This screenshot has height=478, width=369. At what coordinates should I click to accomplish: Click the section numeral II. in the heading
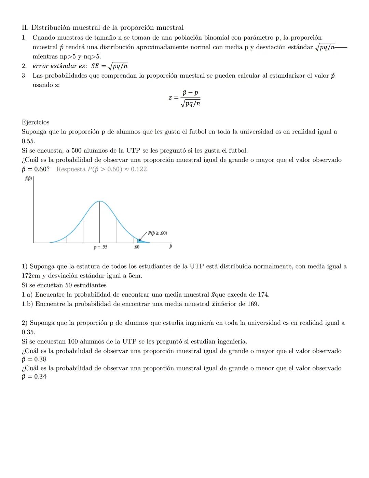25,28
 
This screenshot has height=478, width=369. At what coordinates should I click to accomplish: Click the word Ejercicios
35,122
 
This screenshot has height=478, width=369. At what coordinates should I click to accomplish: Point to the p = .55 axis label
100,247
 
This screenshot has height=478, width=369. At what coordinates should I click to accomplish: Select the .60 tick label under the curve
136,247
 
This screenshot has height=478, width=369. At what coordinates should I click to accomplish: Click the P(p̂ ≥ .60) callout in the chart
157,233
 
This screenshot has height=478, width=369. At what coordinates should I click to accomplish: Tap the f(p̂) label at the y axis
28,179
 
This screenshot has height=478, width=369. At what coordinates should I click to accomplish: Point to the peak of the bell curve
100,201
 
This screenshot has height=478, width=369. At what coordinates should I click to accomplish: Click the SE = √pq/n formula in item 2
109,66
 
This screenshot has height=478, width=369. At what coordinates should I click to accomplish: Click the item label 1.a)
27,295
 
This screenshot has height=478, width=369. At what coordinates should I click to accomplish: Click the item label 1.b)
27,304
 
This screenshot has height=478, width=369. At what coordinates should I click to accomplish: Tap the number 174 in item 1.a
263,295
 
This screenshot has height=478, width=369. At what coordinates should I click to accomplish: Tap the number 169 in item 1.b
252,304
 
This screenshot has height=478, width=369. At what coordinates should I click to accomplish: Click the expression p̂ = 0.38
34,359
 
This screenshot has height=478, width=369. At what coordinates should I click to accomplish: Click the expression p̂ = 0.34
34,376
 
